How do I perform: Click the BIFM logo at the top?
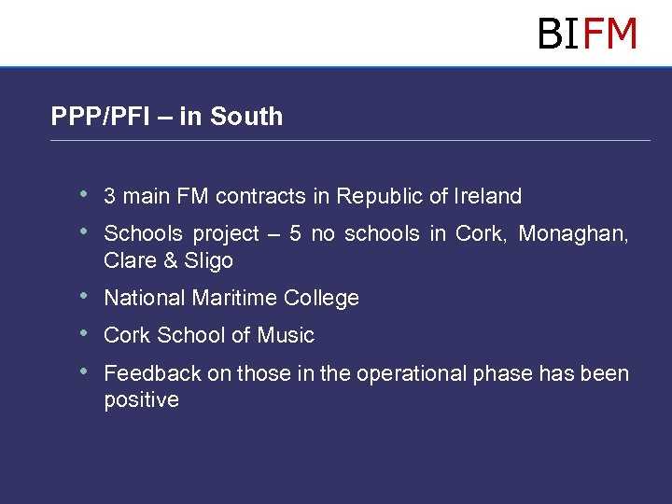[x=587, y=34]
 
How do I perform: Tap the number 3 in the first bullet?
[x=109, y=196]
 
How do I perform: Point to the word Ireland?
[x=488, y=196]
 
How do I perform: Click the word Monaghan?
[x=573, y=233]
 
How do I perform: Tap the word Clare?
[x=130, y=260]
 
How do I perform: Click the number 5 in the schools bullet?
[x=295, y=233]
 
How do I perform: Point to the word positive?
[x=141, y=400]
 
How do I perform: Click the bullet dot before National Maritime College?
[x=85, y=297]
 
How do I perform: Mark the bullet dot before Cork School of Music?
[x=85, y=333]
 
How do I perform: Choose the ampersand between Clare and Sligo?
[x=170, y=260]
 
